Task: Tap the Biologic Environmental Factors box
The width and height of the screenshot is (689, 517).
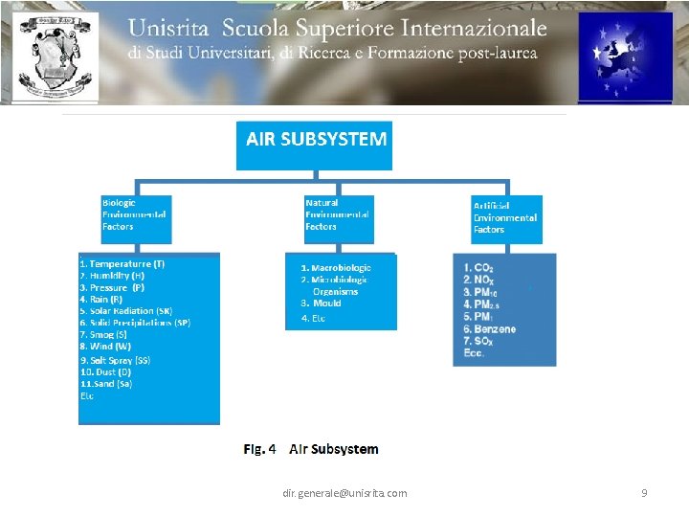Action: pos(135,214)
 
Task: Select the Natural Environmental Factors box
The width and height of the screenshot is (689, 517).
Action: pos(338,214)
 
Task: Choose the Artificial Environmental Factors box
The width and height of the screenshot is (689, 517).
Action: pos(505,217)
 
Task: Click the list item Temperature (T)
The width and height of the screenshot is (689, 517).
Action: pos(122,263)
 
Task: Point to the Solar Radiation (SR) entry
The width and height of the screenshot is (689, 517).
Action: pos(126,311)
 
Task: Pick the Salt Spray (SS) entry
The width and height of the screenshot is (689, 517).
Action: pos(116,360)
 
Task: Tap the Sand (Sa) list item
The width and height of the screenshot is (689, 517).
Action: pos(107,384)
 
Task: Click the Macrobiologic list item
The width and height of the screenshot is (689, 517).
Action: pos(336,268)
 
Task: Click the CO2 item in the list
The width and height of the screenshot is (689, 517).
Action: pos(478,268)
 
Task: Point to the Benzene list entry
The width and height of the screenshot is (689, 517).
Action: pos(489,329)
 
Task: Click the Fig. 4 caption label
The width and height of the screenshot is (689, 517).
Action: pos(259,449)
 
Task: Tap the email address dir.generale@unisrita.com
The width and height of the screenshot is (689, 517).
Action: pos(344,493)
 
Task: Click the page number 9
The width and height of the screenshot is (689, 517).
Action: pos(644,493)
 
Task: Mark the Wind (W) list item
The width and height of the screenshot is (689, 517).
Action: pos(106,347)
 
